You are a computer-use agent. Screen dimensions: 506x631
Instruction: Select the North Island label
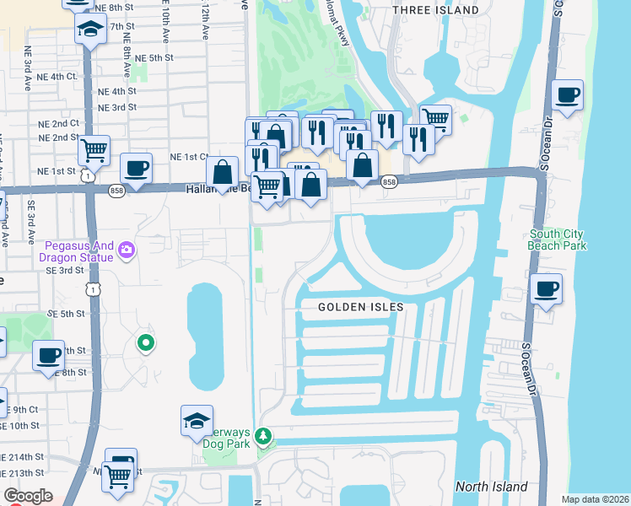click(491, 487)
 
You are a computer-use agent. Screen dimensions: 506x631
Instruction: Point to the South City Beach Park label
click(558, 240)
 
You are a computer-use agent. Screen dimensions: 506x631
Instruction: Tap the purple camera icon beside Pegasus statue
click(127, 249)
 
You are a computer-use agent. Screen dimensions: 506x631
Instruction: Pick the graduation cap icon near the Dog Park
click(197, 420)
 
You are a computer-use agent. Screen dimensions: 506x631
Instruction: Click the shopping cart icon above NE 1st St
click(94, 150)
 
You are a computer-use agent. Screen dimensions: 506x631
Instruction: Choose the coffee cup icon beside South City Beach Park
click(547, 289)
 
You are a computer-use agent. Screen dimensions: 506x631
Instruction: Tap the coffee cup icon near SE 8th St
click(49, 355)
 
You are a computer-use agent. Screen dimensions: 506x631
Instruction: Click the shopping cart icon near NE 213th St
click(117, 476)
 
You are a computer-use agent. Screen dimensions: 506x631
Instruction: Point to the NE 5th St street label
click(154, 57)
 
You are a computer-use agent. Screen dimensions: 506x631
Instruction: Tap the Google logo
click(29, 496)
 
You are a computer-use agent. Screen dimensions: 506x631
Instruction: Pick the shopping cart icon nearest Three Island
click(435, 119)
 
